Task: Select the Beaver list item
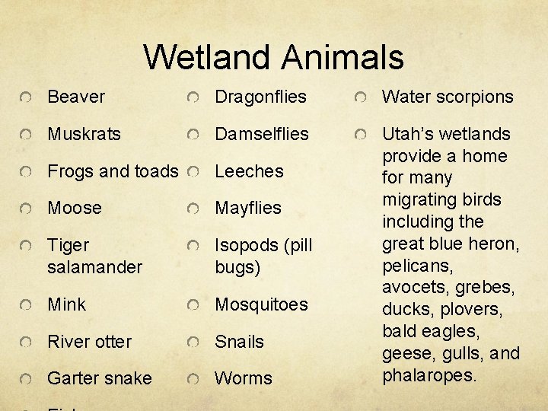(x=76, y=97)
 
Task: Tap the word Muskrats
(x=84, y=134)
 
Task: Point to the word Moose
(x=75, y=208)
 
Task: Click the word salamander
(x=94, y=267)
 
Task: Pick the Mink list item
(x=67, y=304)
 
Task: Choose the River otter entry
(x=89, y=342)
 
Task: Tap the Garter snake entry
(x=99, y=378)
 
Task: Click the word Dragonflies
(x=260, y=97)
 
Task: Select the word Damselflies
(x=262, y=134)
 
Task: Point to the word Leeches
(x=249, y=171)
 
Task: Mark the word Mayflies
(x=248, y=208)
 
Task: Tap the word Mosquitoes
(x=261, y=304)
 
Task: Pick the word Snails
(x=239, y=342)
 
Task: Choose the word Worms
(x=243, y=378)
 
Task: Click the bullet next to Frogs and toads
(x=27, y=172)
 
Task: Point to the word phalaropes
(x=429, y=376)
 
